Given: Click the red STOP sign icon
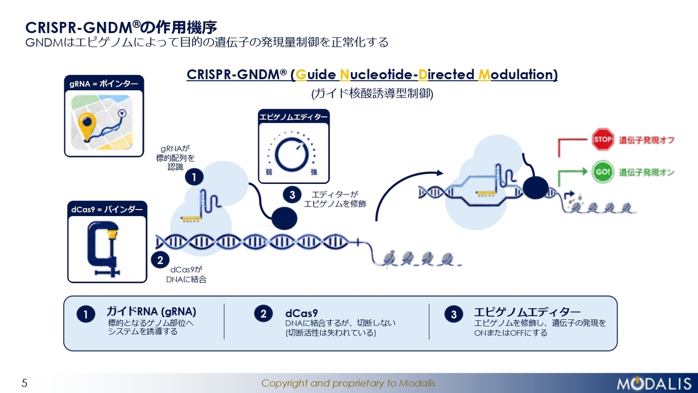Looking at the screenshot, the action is (x=603, y=139).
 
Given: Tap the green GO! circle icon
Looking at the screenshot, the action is (x=603, y=172).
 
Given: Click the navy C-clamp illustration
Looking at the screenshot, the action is (x=104, y=248).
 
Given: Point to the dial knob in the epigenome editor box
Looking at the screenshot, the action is (x=292, y=154).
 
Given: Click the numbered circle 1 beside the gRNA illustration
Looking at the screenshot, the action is (x=194, y=177).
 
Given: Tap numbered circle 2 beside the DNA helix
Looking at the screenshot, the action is (x=160, y=260).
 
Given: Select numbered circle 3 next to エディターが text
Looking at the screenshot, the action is (x=292, y=195).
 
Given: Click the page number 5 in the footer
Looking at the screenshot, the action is (x=25, y=383).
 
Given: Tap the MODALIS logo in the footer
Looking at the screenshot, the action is (x=654, y=383).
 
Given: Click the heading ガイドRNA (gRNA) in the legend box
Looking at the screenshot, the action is (x=151, y=311).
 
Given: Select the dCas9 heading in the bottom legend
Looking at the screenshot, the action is (x=302, y=313).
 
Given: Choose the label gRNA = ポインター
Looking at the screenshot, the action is (x=104, y=84).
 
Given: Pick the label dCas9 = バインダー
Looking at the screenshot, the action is (x=107, y=209).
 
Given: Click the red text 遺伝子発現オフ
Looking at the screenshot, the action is (x=647, y=140).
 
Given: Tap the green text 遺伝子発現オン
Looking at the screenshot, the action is (x=647, y=172).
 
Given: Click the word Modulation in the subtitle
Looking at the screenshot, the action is (x=518, y=75).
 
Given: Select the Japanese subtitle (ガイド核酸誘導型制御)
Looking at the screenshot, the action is (x=372, y=93).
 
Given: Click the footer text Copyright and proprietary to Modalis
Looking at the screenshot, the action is (x=348, y=383).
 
